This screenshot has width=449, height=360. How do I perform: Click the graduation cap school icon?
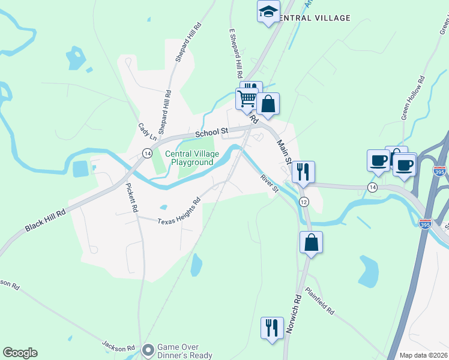click(268, 11)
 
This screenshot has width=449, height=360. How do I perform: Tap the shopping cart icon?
click(247, 98)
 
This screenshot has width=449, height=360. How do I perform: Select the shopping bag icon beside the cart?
click(268, 104)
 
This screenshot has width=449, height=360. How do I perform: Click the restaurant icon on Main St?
click(303, 172)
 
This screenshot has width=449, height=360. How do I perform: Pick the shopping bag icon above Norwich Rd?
click(311, 242)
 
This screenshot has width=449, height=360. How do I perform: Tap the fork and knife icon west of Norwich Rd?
click(272, 328)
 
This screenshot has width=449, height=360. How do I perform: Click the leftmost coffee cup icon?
click(378, 161)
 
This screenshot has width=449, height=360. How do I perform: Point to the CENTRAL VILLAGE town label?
click(313, 18)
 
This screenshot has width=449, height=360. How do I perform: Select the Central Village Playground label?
click(191, 158)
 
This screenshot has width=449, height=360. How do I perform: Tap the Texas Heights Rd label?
click(178, 214)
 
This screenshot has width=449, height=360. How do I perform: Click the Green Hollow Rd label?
click(413, 97)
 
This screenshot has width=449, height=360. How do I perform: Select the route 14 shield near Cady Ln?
click(147, 154)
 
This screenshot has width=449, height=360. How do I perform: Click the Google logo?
click(20, 353)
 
